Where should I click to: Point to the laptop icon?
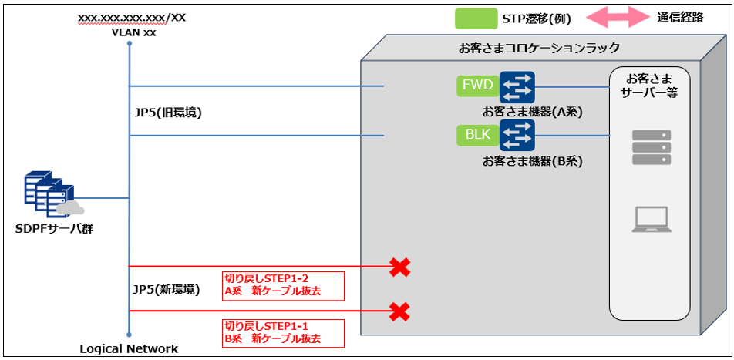(x=652, y=219)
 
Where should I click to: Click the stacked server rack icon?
(x=652, y=146)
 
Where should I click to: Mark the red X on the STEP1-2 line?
(x=399, y=267)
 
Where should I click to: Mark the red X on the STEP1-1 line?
(x=399, y=311)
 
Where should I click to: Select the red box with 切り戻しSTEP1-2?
(x=282, y=285)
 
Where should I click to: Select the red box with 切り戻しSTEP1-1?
(x=282, y=332)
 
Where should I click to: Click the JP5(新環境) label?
(x=167, y=290)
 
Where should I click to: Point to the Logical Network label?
(x=129, y=348)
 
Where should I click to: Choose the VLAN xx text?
(x=129, y=31)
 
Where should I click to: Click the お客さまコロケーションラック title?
(x=539, y=48)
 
